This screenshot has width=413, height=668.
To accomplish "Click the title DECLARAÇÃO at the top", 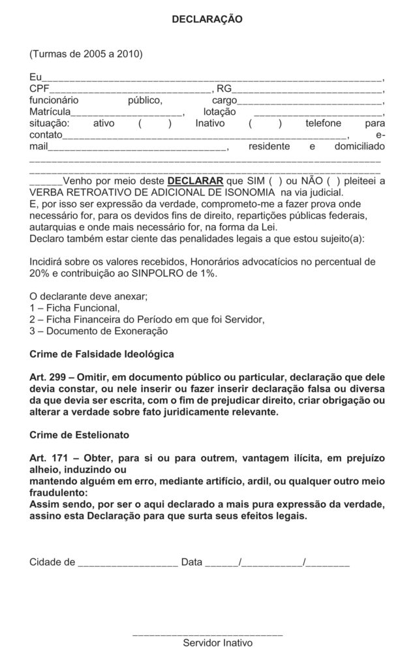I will tap(207, 20).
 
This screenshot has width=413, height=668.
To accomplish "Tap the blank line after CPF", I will tap(130, 89).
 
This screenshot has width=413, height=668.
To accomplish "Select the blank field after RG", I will tap(307, 89).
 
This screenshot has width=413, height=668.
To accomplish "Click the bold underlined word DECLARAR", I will tap(195, 181).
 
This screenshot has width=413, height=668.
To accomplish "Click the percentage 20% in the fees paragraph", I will tap(40, 273).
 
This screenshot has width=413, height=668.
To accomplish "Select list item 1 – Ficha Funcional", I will tap(75, 307).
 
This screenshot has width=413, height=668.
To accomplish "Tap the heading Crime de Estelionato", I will tap(80, 434).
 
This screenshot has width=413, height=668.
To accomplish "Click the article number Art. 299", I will tap(52, 378).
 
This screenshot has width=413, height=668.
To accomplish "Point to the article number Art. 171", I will tap(52, 459).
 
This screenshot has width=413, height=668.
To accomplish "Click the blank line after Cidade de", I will tap(127, 562).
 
